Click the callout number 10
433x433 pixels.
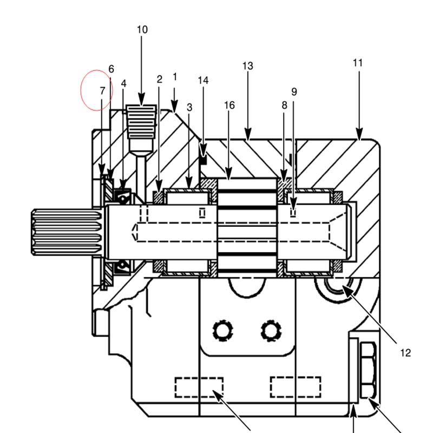point(142,30)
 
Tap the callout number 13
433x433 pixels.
point(248,66)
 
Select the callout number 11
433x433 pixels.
point(358,63)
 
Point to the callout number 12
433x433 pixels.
point(405,353)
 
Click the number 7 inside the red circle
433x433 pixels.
point(102,90)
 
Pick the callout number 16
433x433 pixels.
point(229,105)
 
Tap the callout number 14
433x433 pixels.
point(204,80)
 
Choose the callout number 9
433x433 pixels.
point(294,91)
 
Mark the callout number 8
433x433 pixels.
point(285,105)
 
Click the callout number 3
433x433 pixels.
point(189,107)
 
